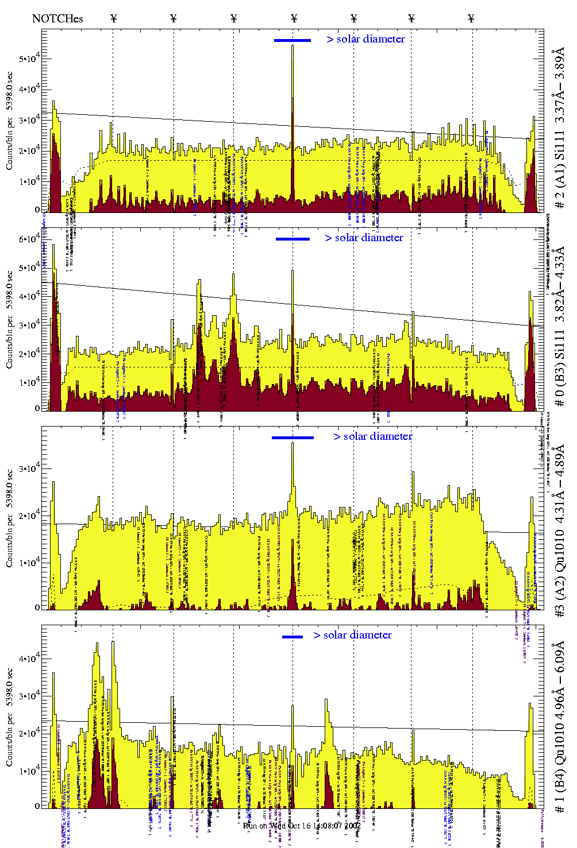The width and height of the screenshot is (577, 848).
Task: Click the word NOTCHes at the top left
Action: [57, 18]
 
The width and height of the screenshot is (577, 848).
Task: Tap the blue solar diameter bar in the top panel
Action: [293, 40]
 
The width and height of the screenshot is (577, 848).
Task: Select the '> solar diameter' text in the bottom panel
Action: [352, 635]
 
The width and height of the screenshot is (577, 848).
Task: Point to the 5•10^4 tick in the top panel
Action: [29, 59]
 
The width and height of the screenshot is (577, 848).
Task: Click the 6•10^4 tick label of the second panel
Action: [29, 239]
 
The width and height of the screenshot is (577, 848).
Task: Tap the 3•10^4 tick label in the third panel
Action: [29, 468]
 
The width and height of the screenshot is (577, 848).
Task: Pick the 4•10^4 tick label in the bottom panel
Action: [29, 658]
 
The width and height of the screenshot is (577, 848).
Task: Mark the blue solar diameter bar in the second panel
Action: [293, 239]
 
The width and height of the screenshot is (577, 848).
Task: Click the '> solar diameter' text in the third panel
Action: [372, 436]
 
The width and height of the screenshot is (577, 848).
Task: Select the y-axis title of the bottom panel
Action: [9, 717]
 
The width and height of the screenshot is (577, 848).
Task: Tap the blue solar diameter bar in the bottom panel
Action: [293, 637]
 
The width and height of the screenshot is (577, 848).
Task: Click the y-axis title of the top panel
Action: [9, 121]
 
